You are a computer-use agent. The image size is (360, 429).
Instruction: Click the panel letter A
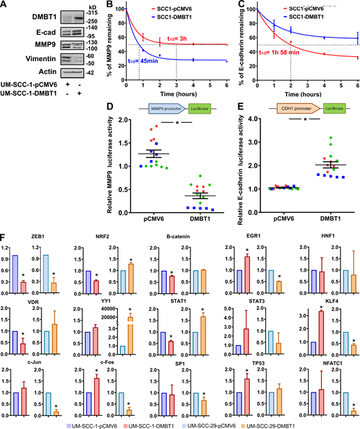(5, 6)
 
